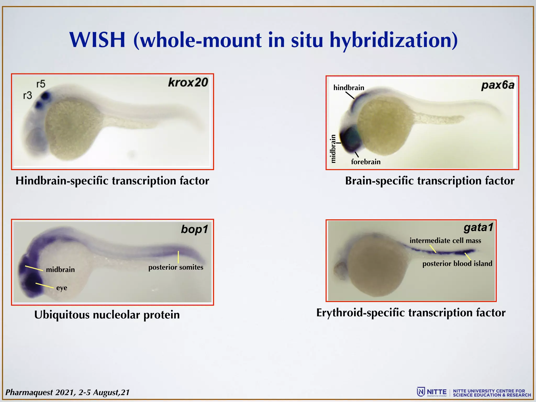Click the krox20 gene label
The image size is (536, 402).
tap(188, 82)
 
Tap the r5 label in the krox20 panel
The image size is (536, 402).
tap(41, 84)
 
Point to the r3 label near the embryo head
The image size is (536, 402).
tap(27, 96)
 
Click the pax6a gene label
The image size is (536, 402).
tap(498, 85)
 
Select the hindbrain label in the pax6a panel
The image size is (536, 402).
tap(349, 88)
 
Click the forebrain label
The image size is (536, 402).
tap(366, 162)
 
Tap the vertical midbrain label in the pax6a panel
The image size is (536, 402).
tap(333, 149)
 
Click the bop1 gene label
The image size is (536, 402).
tap(194, 229)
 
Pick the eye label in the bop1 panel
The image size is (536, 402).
tap(62, 288)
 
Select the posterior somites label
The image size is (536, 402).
tap(176, 267)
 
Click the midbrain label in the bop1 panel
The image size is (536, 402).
tap(60, 270)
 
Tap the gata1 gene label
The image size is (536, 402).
tap(478, 227)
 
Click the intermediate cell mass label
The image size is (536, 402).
tap(445, 241)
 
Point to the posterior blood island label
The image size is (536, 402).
tap(457, 264)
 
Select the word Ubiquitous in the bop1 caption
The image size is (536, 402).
tap(62, 315)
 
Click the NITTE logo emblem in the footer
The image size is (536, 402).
tap(421, 392)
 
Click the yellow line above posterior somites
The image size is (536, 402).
tap(178, 257)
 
